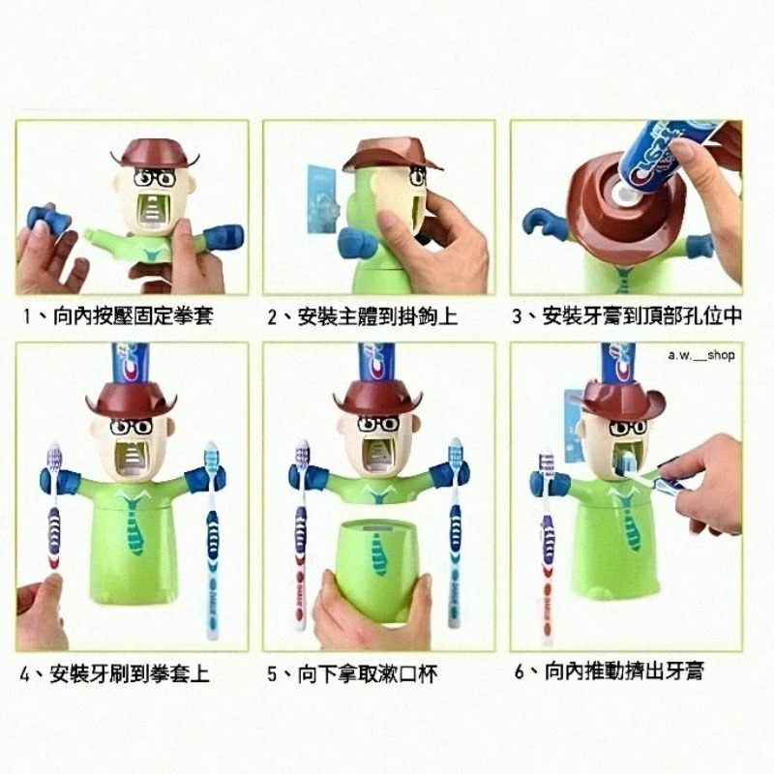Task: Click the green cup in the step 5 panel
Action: pos(380,571)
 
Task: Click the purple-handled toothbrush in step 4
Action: pos(55,508)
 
